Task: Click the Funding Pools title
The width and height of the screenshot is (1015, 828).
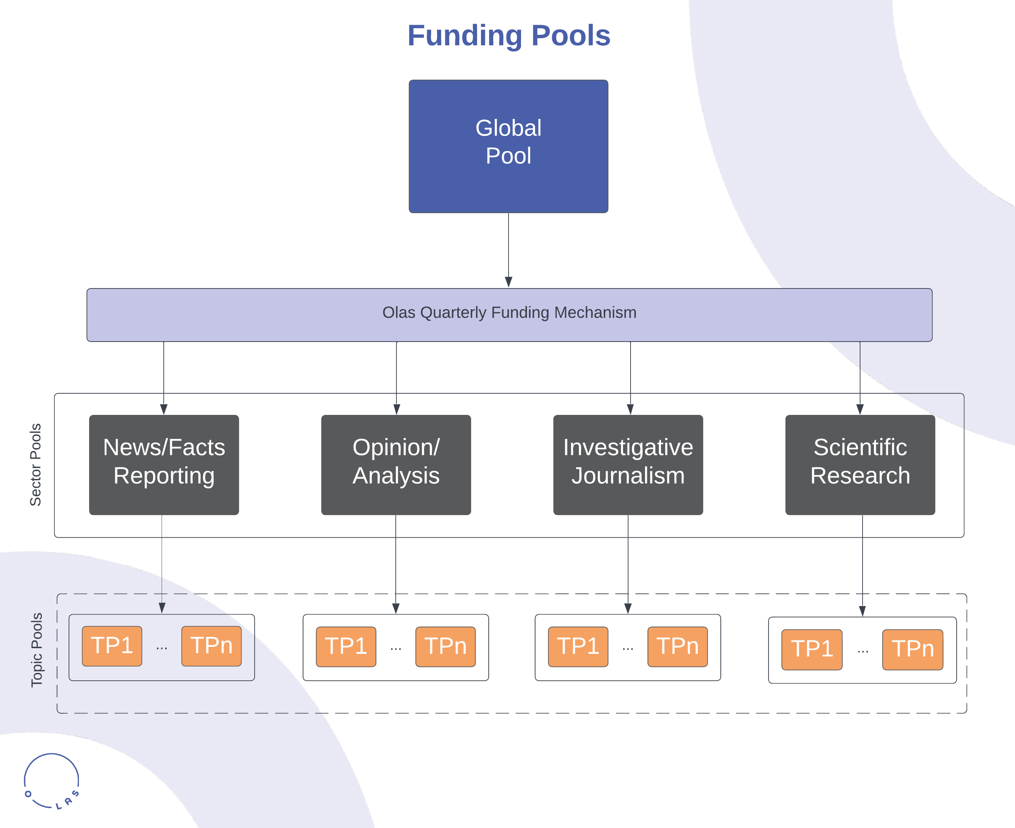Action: (x=509, y=36)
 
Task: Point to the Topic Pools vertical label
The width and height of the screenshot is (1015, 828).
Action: (x=37, y=650)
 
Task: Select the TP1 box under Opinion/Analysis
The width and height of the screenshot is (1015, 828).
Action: (x=346, y=646)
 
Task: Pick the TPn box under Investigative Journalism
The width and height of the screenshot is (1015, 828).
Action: (x=677, y=646)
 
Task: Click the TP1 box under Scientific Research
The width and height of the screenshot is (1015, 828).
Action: (x=812, y=649)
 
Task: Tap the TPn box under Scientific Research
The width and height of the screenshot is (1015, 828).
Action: (x=912, y=649)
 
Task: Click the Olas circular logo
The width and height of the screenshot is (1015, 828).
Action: (x=52, y=781)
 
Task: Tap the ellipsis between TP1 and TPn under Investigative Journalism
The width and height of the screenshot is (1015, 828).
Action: (x=628, y=648)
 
